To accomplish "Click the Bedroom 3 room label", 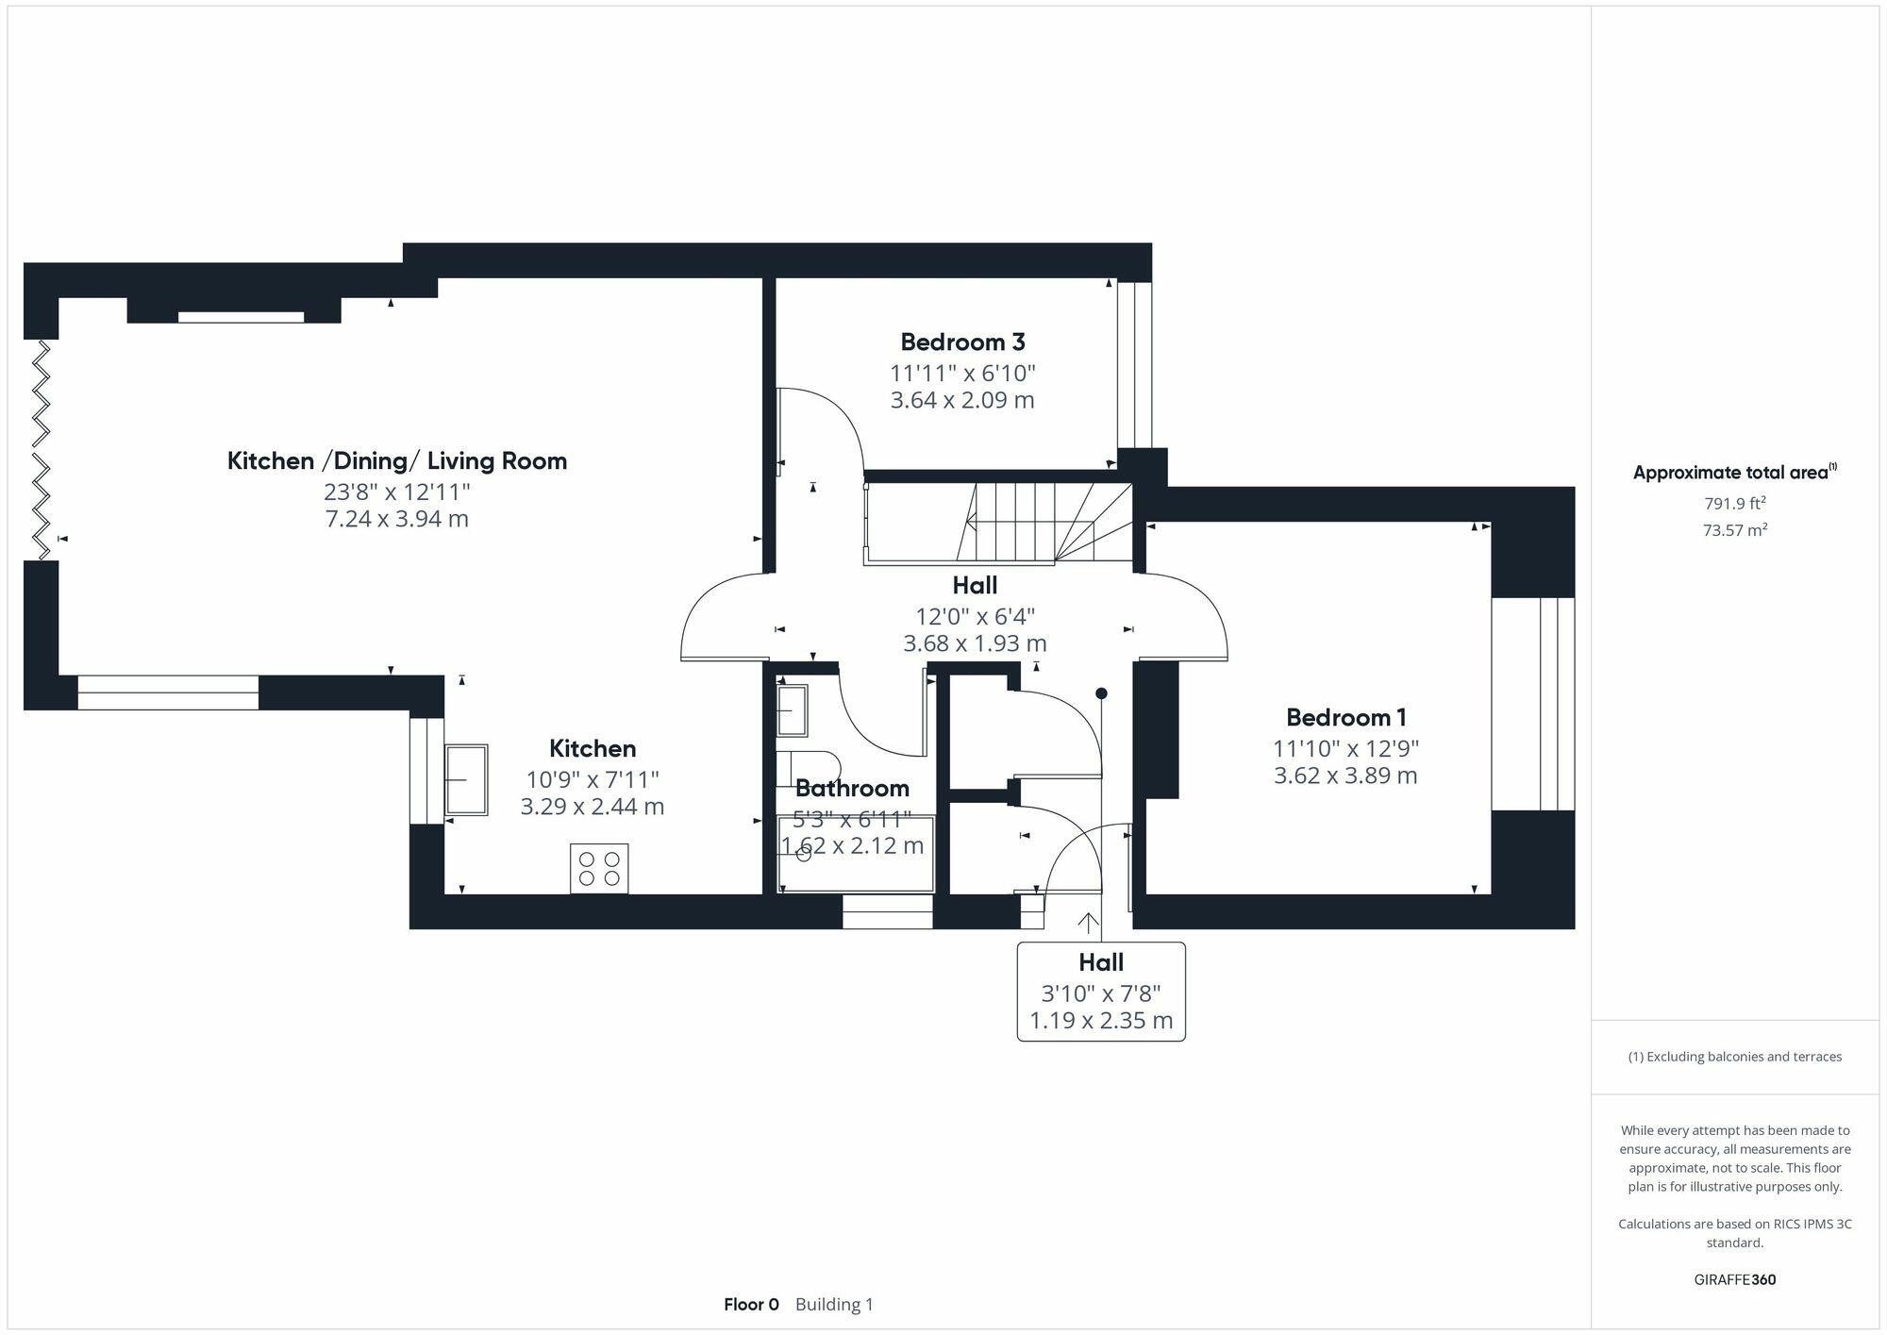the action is (x=962, y=342).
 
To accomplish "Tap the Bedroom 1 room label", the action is (x=1345, y=717).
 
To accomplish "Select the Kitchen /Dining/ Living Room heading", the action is (x=396, y=460).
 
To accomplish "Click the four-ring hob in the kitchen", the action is (x=599, y=868).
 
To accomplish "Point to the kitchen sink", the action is (x=466, y=779).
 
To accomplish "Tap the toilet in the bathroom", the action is (x=807, y=768).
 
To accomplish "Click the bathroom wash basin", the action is (x=792, y=710).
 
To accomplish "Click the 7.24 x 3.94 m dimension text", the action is (x=396, y=519).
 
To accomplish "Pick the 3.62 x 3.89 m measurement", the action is (x=1345, y=776).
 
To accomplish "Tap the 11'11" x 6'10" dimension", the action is (x=962, y=373).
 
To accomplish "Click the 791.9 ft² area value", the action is (x=1734, y=504).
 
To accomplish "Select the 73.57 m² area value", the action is (x=1734, y=530).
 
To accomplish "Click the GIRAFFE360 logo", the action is (x=1734, y=1279).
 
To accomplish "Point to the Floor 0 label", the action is (x=751, y=1305).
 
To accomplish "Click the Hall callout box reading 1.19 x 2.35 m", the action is (x=1100, y=992).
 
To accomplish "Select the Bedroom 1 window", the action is (x=1532, y=703).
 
